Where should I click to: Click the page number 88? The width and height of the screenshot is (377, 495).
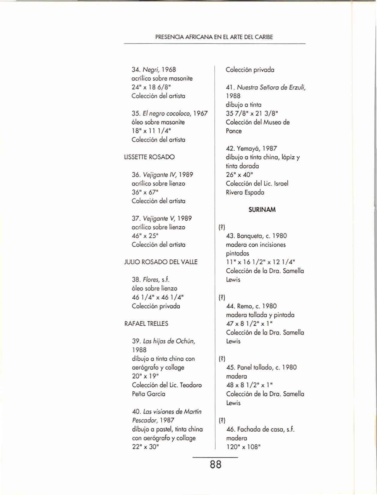click(x=216, y=464)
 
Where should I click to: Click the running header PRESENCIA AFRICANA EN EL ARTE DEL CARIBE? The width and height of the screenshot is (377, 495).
click(x=214, y=37)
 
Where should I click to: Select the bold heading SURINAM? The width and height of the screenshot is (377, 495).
click(x=262, y=210)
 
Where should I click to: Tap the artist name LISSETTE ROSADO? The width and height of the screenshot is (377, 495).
click(x=149, y=157)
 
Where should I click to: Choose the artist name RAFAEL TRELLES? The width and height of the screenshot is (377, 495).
click(x=146, y=324)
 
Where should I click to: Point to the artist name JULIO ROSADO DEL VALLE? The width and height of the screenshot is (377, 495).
click(x=161, y=262)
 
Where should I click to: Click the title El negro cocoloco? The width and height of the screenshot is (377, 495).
click(x=166, y=113)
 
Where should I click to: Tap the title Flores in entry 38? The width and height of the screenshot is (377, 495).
click(x=151, y=279)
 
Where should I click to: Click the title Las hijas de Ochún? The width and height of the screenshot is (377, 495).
click(x=169, y=341)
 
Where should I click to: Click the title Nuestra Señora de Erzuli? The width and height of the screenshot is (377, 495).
click(x=271, y=87)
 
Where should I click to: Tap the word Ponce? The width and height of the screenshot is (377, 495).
click(x=234, y=131)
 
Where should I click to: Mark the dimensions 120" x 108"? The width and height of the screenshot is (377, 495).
click(x=243, y=447)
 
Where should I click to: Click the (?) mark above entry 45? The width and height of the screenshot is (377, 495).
click(x=222, y=359)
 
